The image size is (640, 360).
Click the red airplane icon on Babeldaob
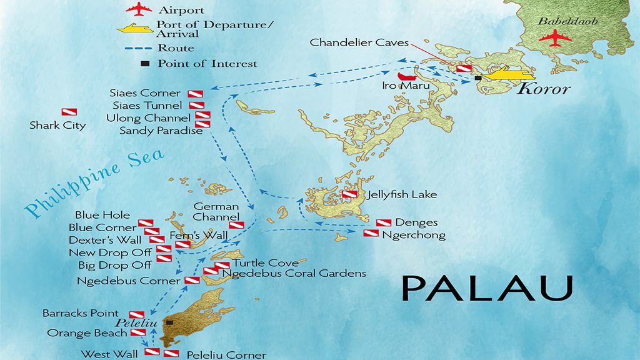(555, 38)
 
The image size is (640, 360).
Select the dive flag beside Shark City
(69, 112)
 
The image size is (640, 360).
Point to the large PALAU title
(487, 288)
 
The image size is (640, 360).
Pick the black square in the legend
(144, 64)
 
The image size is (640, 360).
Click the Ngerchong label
(414, 236)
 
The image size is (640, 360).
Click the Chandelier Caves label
(359, 43)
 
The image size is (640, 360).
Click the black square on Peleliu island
(169, 322)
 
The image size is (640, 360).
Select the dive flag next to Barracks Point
(136, 314)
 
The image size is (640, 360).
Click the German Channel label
(216, 212)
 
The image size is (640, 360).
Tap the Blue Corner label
(102, 227)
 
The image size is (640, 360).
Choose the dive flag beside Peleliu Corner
(171, 354)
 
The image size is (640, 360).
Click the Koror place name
(544, 89)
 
